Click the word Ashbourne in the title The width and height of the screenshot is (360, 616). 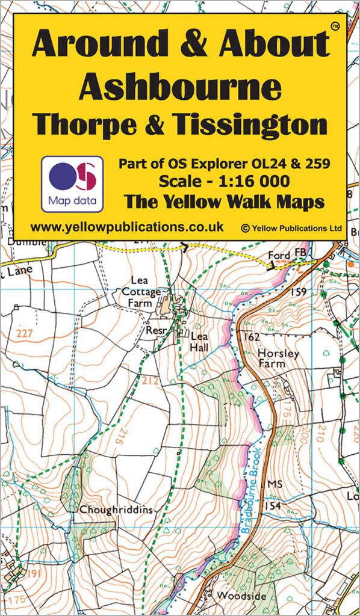coord(180,88)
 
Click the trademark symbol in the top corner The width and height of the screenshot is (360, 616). coord(335,26)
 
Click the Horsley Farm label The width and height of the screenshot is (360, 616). coord(278,359)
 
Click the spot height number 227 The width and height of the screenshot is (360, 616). coord(25,333)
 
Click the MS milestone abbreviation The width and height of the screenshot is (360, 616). coord(275,484)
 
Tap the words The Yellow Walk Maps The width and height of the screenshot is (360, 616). coord(224,203)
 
